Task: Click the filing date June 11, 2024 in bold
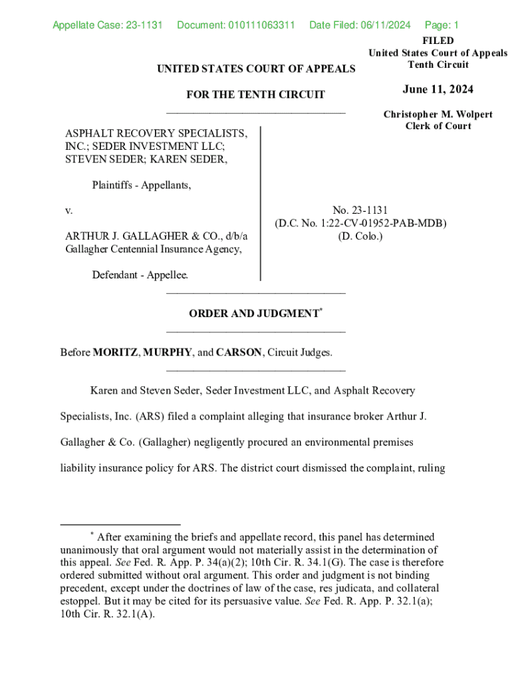438,90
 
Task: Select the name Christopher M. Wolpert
438,115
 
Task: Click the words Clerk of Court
438,126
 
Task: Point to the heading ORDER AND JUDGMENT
253,314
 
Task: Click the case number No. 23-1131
360,210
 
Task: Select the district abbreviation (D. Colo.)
360,236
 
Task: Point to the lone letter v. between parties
68,210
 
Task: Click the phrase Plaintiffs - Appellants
142,185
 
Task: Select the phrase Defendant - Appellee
140,274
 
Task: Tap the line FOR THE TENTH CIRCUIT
255,95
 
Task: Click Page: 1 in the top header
442,25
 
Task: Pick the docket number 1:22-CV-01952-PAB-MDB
384,223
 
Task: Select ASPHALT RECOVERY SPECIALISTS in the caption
156,134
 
